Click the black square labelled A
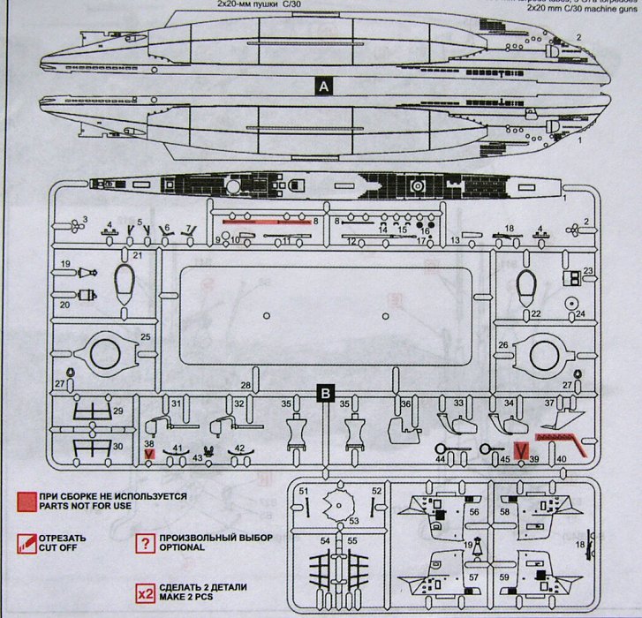(x=324, y=86)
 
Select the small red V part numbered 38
(x=149, y=454)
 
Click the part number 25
(x=146, y=337)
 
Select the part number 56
(x=474, y=511)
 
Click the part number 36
(x=406, y=403)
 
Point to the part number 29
(x=117, y=411)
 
